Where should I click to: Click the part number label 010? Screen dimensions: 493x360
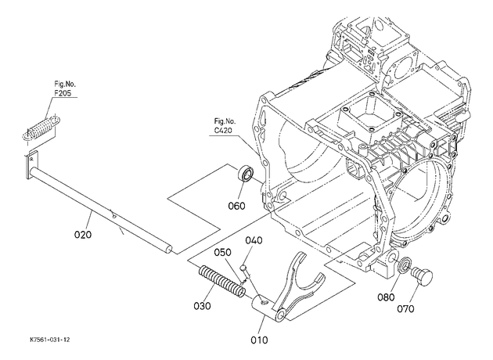point(259,340)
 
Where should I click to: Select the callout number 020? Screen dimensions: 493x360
point(83,235)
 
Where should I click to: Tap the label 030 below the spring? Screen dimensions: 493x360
point(202,305)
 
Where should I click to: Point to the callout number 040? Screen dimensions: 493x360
point(254,240)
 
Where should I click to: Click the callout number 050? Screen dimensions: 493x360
point(223,253)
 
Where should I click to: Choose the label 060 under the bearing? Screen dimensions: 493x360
point(237,207)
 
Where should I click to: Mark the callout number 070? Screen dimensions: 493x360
point(405,309)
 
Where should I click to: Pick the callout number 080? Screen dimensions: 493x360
point(386,297)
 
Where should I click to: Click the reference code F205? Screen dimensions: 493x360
point(63,93)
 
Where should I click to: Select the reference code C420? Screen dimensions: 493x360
point(223,130)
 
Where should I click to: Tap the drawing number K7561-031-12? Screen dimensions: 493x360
point(50,340)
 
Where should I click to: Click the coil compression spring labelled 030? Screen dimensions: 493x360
point(222,281)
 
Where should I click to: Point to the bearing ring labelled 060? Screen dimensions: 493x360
point(246,174)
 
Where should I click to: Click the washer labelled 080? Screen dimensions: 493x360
point(404,264)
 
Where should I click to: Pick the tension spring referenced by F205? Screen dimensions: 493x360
point(42,128)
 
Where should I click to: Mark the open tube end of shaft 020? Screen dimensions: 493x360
point(169,249)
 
